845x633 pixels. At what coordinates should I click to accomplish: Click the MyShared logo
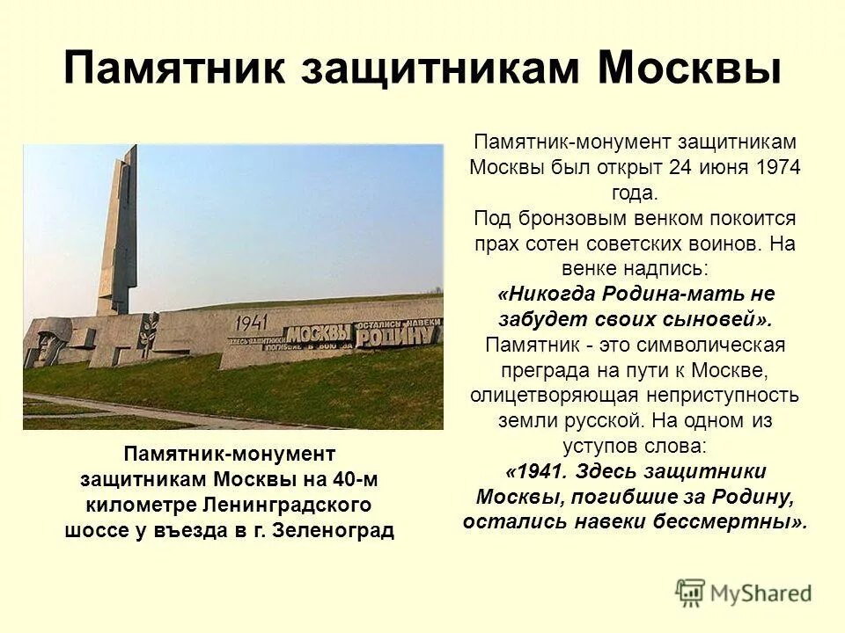(744, 593)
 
